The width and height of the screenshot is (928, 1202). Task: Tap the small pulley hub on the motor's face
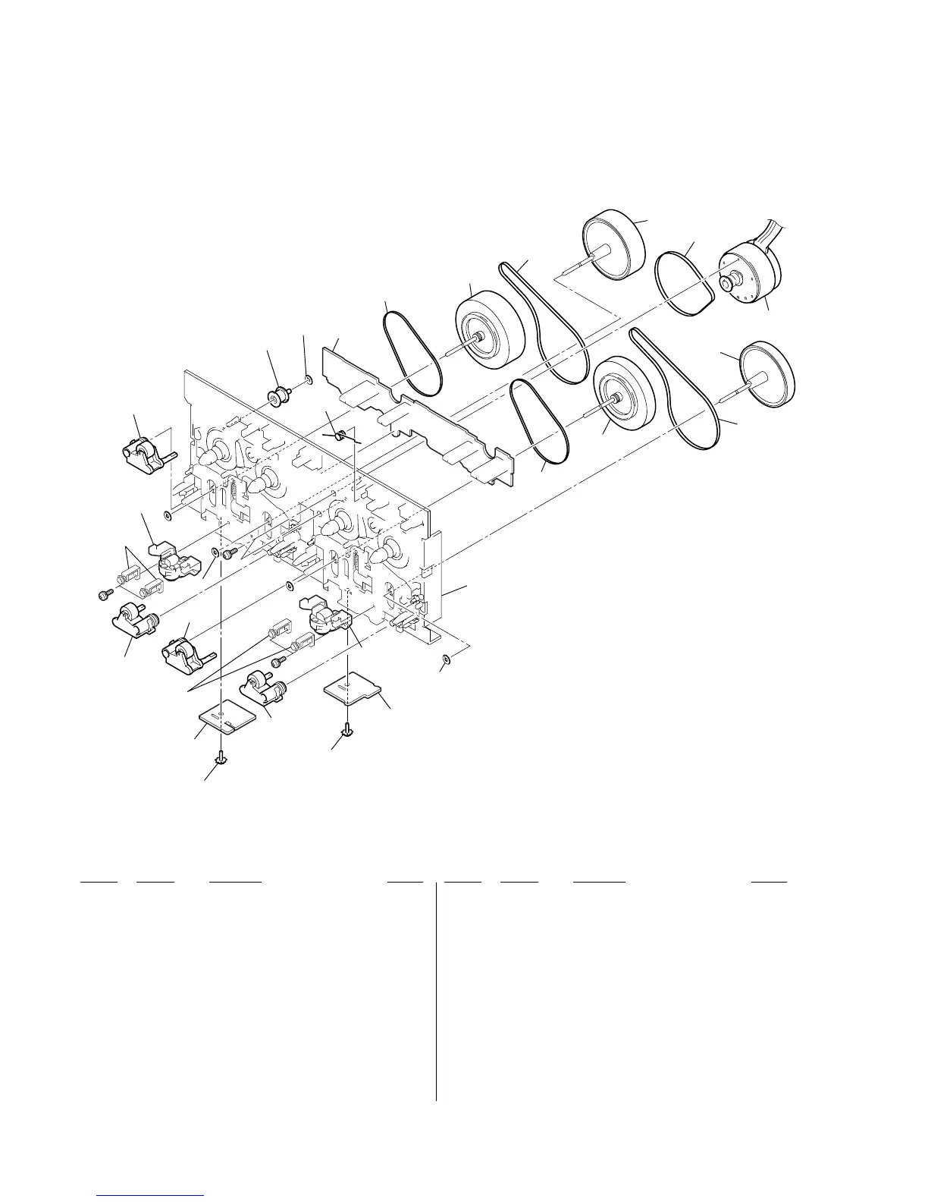[728, 282]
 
